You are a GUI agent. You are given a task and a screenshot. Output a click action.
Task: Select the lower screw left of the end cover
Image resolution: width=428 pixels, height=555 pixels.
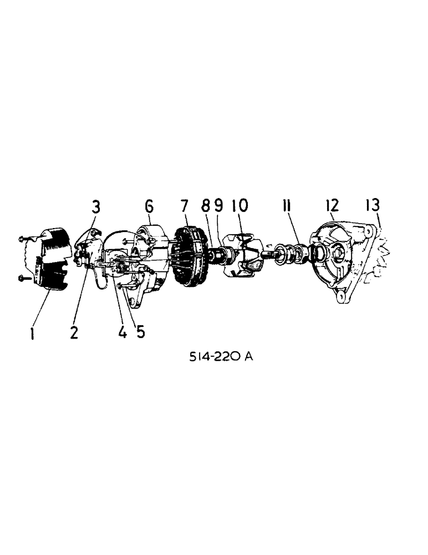[22, 278]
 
